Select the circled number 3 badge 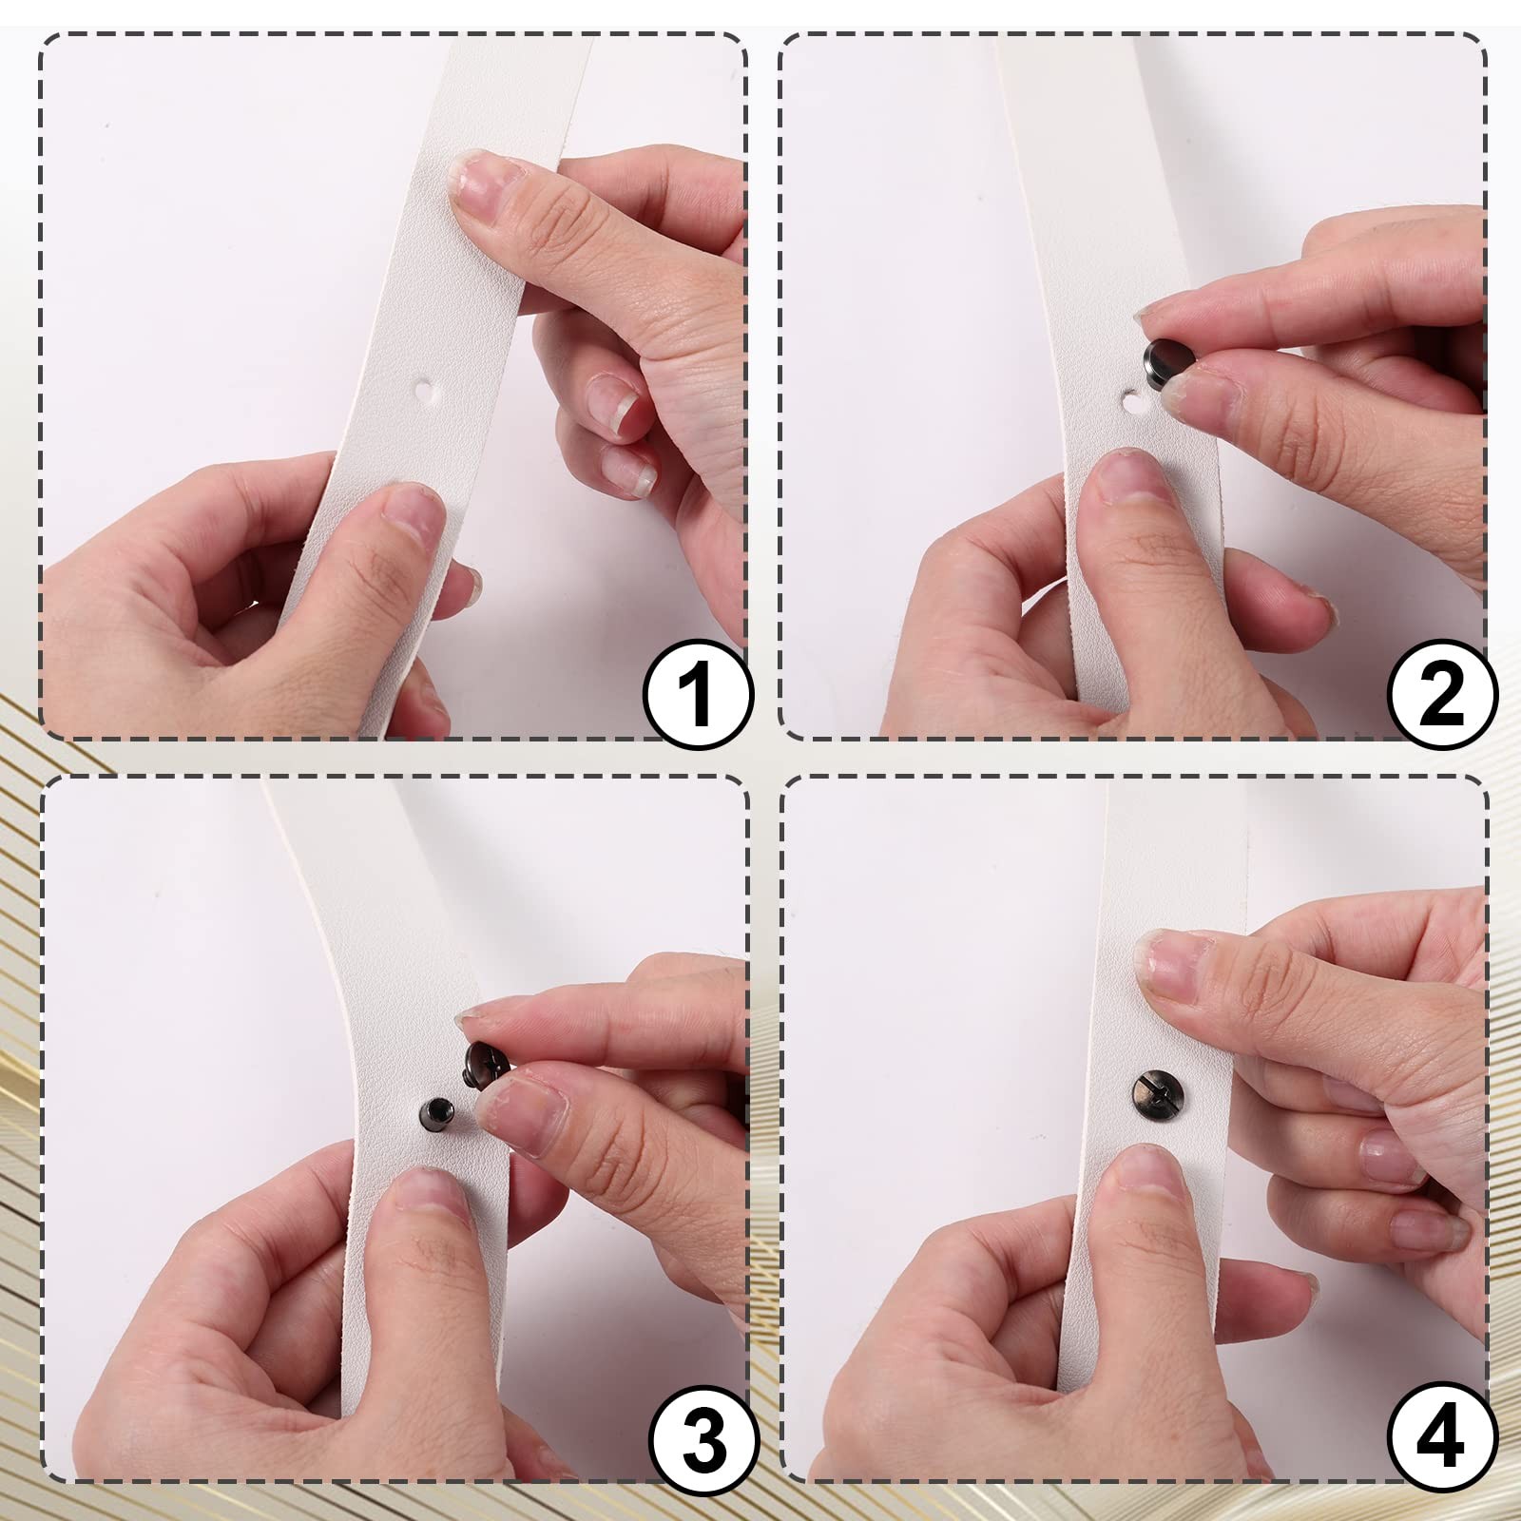pyautogui.click(x=703, y=1437)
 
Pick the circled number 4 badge pyautogui.click(x=1441, y=1437)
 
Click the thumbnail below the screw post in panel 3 pyautogui.click(x=429, y=1189)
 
